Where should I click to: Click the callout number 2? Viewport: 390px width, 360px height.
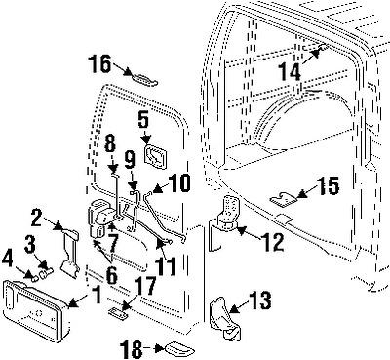(x=35, y=218)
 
